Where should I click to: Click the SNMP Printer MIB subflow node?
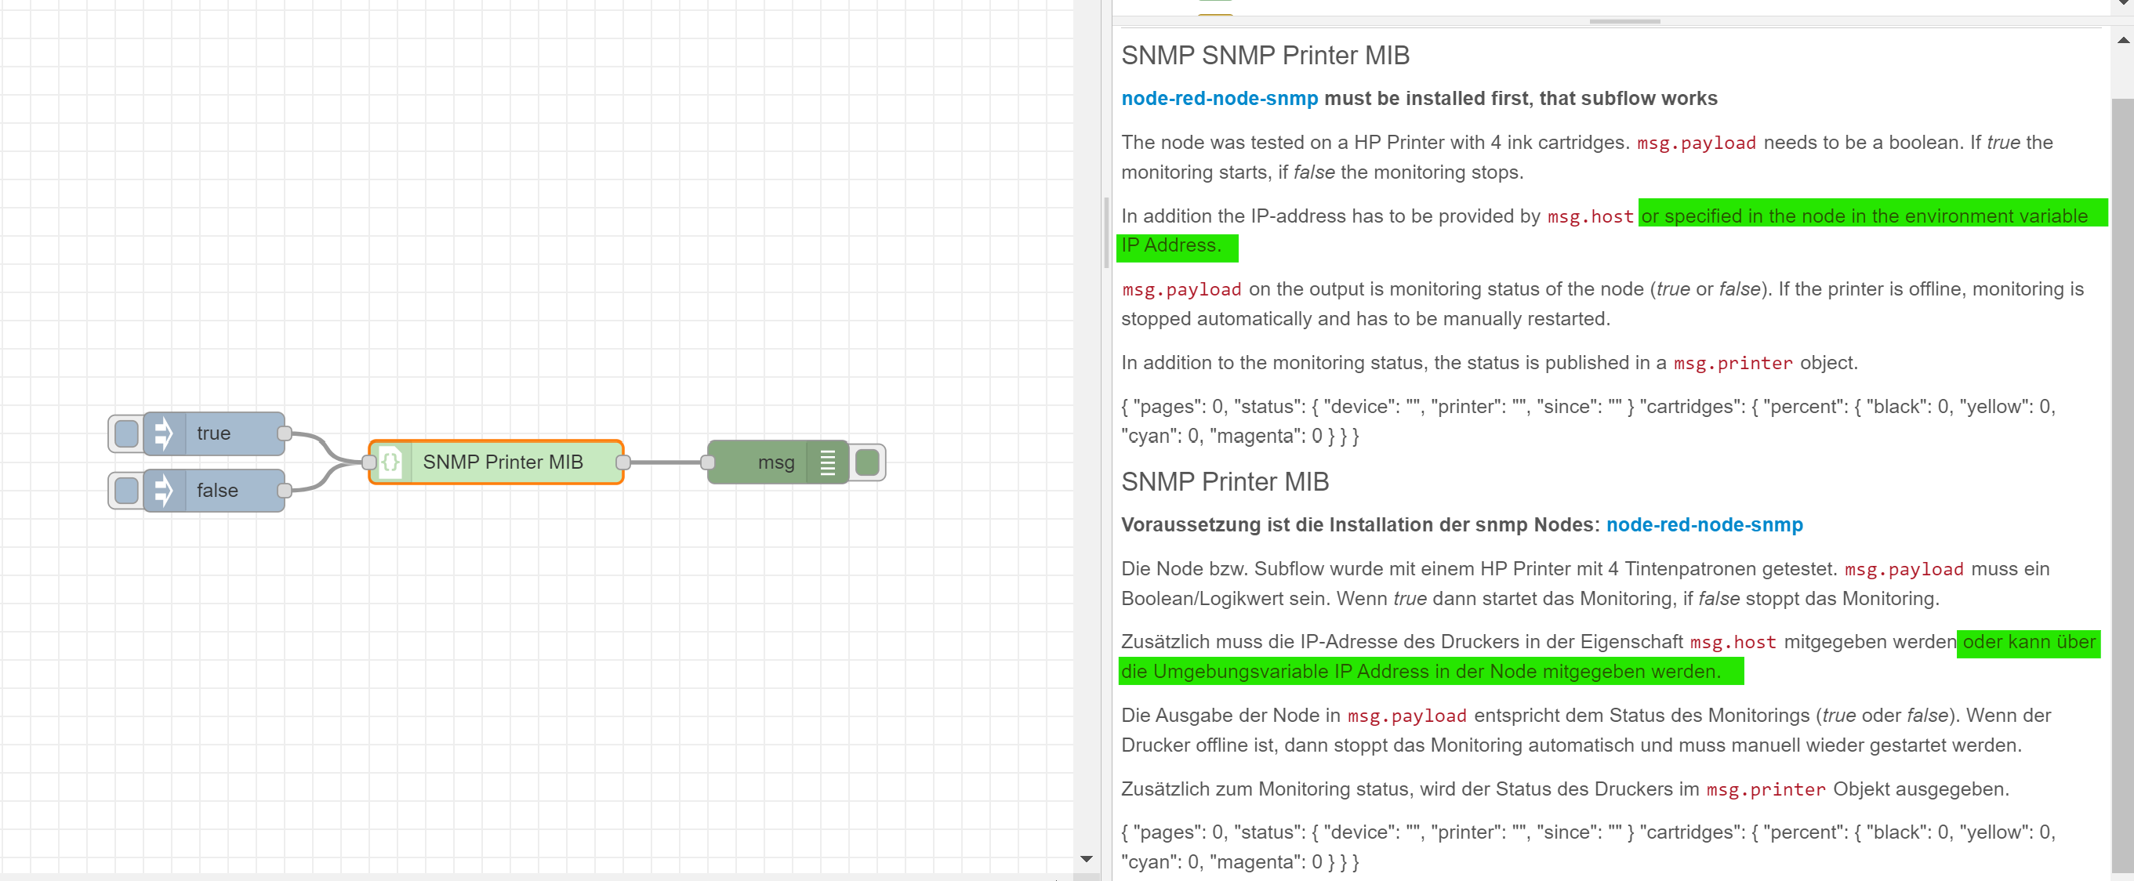tap(503, 462)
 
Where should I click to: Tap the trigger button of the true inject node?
tap(126, 433)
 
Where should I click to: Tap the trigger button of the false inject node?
tap(126, 490)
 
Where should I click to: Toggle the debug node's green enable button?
tap(866, 462)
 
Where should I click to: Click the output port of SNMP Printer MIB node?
tap(624, 462)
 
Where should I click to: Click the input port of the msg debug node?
tap(708, 462)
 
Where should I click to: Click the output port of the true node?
tap(284, 433)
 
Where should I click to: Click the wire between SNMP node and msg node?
tap(666, 462)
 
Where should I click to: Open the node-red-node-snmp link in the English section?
tap(1218, 99)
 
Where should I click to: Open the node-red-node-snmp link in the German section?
tap(1704, 525)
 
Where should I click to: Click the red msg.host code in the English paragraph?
tap(1590, 217)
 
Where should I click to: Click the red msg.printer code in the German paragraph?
tap(1766, 790)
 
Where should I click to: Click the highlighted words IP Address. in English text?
tap(1170, 245)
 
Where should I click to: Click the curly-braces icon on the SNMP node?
tap(391, 462)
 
